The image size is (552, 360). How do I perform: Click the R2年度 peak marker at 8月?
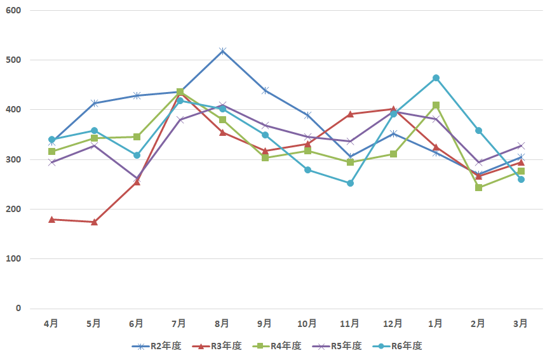(x=222, y=51)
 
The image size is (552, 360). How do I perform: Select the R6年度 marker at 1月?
(x=436, y=78)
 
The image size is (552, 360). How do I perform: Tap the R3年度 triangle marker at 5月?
(x=94, y=222)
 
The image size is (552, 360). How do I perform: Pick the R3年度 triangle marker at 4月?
(x=51, y=219)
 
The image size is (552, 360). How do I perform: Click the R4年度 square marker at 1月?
(x=436, y=105)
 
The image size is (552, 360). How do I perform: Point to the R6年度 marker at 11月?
(x=350, y=183)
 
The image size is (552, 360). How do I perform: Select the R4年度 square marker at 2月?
(x=478, y=188)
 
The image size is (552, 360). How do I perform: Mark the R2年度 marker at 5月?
(x=94, y=103)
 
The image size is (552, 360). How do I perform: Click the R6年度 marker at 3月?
(x=521, y=179)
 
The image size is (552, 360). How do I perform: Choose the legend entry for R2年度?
(x=157, y=346)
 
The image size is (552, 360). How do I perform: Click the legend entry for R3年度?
(x=217, y=346)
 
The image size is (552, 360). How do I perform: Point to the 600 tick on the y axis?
(x=14, y=11)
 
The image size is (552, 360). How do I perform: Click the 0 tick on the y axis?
(x=18, y=309)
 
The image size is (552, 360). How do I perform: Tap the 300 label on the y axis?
(x=14, y=159)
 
